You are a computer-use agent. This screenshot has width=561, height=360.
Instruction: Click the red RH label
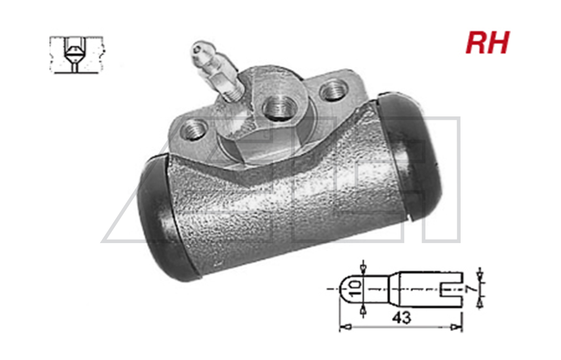click(x=487, y=43)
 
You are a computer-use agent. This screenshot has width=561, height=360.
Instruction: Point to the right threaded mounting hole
click(x=333, y=91)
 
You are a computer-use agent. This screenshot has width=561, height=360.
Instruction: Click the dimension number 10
click(x=355, y=288)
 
